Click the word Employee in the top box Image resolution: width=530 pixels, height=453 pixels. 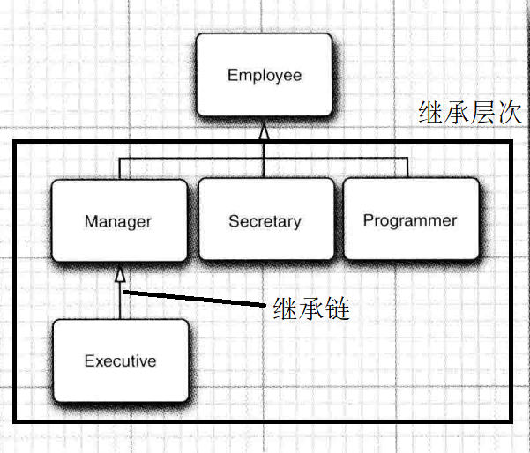264,76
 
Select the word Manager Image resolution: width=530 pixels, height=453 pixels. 118,221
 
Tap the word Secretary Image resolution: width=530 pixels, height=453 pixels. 265,221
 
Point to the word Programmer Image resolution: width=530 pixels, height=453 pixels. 410,220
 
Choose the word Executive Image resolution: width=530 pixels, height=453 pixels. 120,360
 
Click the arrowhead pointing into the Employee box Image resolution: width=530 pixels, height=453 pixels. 263,132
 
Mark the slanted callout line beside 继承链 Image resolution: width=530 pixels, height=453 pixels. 194,299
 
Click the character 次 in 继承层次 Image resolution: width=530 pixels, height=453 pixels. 511,113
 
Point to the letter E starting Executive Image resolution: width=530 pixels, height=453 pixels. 89,360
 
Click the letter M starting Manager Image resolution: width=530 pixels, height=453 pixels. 90,221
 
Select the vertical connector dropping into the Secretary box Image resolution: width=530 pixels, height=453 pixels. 263,167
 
